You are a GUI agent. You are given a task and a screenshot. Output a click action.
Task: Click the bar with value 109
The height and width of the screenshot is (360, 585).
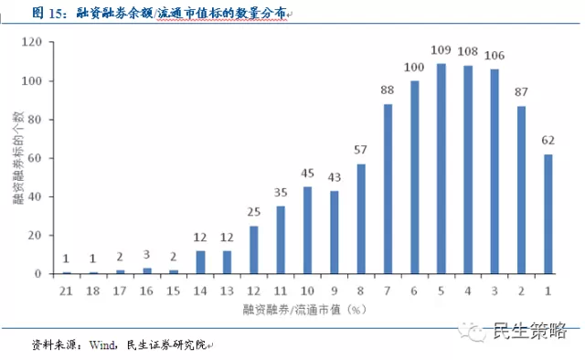(441, 169)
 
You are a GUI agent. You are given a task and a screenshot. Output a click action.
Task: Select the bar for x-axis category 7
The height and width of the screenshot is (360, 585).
(388, 189)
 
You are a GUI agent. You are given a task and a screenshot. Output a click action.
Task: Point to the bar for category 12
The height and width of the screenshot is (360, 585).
(254, 249)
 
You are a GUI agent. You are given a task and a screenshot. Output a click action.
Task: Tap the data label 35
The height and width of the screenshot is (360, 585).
(281, 194)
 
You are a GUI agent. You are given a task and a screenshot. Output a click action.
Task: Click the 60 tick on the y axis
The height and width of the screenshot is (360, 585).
(37, 158)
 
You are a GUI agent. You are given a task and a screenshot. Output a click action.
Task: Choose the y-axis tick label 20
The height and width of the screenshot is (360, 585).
(37, 236)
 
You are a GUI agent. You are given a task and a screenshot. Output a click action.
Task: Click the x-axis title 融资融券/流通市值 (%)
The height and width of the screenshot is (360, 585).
(307, 311)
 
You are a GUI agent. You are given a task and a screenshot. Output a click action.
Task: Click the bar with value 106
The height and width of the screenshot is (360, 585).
(495, 172)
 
